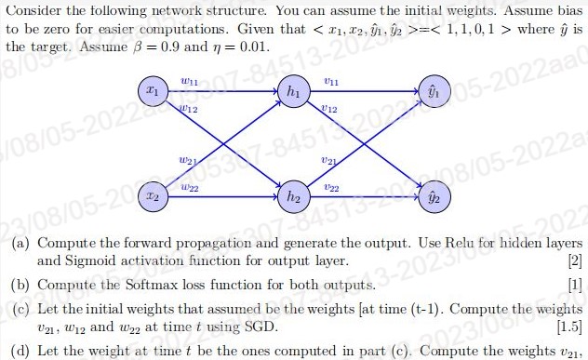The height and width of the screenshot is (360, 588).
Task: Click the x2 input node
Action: pos(154,198)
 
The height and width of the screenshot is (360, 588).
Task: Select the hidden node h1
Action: pos(293,94)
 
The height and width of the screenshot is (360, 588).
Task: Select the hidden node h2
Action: pos(293,198)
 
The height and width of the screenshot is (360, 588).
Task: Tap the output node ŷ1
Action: pos(432,94)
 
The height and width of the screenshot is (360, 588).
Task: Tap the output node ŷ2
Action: pos(432,198)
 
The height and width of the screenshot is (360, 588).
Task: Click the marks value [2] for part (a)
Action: pos(574,261)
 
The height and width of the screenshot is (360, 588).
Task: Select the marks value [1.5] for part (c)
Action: pos(568,327)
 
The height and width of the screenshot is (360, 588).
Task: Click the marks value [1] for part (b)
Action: pos(574,284)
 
